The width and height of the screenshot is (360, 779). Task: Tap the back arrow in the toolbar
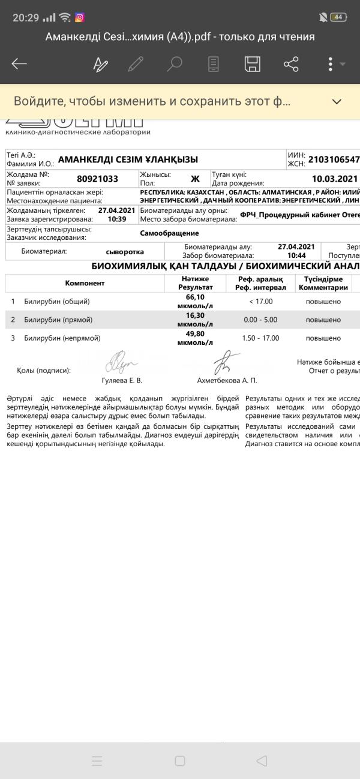(19, 64)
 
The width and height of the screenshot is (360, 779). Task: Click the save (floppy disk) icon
(253, 64)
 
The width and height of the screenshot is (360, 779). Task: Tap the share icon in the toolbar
(291, 64)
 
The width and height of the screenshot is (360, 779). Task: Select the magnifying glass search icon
(175, 64)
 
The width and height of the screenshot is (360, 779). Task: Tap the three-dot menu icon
(331, 64)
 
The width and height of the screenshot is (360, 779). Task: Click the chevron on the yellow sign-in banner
(337, 101)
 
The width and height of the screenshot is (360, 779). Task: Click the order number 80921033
(98, 179)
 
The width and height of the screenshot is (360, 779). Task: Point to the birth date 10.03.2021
(335, 179)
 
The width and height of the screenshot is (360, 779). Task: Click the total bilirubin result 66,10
(195, 297)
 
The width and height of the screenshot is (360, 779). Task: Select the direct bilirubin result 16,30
(195, 315)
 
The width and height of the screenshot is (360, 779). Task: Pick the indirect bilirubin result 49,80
(195, 333)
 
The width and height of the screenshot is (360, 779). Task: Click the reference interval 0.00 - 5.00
(260, 320)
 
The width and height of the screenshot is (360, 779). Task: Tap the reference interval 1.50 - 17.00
(260, 338)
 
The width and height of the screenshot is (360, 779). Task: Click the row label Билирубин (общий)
(57, 302)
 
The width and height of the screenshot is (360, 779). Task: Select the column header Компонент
(85, 282)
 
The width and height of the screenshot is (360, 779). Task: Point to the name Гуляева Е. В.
(122, 380)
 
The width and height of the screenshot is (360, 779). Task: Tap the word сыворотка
(125, 252)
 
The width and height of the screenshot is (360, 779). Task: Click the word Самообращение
(169, 233)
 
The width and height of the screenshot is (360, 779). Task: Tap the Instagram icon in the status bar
(79, 17)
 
